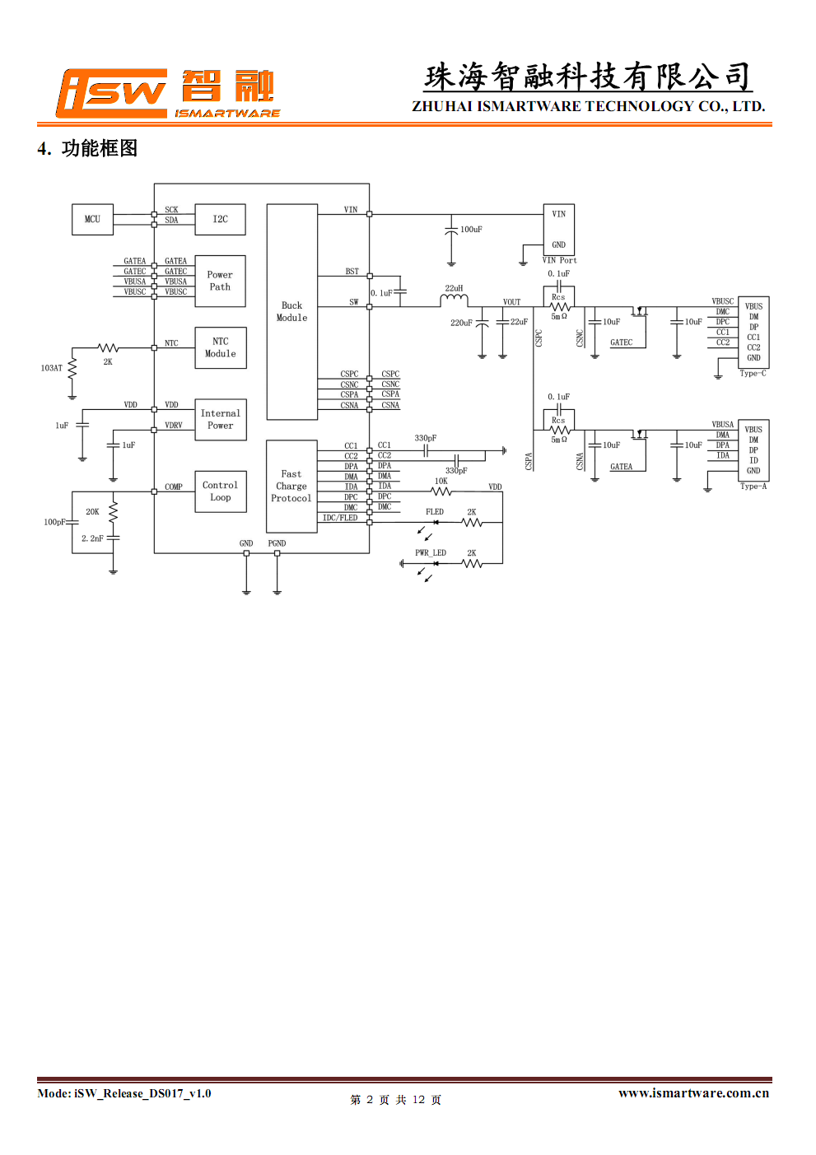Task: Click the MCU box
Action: (92, 219)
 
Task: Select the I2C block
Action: (220, 219)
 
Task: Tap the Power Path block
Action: (220, 281)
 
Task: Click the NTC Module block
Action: (220, 347)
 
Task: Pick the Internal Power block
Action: (220, 419)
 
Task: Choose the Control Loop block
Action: (220, 491)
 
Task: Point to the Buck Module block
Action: (292, 311)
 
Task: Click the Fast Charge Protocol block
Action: (291, 487)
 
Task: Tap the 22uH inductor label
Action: (454, 288)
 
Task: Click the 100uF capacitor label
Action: (471, 229)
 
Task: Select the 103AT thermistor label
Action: (52, 368)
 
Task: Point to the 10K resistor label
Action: (441, 481)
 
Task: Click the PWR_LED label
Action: (431, 552)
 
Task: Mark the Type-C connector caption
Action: (753, 373)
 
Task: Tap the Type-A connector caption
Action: (753, 486)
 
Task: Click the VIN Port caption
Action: (560, 260)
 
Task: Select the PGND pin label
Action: (277, 543)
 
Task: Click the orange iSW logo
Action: (111, 93)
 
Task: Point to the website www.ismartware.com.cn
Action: (694, 1092)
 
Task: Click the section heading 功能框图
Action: (100, 148)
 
